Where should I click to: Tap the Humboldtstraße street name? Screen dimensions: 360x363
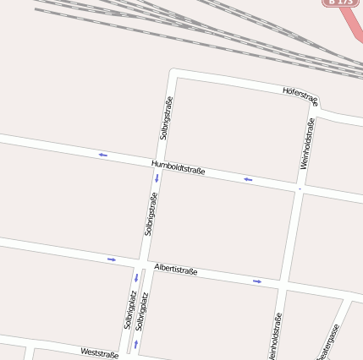pyautogui.click(x=178, y=167)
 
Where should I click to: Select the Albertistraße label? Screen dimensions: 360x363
pyautogui.click(x=175, y=270)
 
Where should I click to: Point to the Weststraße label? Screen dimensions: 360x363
pyautogui.click(x=99, y=353)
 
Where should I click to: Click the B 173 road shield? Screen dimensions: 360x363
pyautogui.click(x=340, y=3)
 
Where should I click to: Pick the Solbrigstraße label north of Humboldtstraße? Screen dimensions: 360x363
pyautogui.click(x=167, y=119)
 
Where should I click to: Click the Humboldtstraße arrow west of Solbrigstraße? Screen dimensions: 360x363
pyautogui.click(x=102, y=155)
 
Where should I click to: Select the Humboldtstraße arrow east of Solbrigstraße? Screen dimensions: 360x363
pyautogui.click(x=248, y=179)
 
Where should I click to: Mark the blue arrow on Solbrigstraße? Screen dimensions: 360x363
pyautogui.click(x=157, y=178)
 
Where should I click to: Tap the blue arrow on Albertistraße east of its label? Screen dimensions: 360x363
pyautogui.click(x=257, y=281)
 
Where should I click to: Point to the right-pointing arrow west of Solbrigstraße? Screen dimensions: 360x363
pyautogui.click(x=111, y=259)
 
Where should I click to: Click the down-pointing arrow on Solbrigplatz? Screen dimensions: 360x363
pyautogui.click(x=135, y=277)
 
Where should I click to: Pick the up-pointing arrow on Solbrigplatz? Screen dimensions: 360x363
pyautogui.click(x=135, y=344)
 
